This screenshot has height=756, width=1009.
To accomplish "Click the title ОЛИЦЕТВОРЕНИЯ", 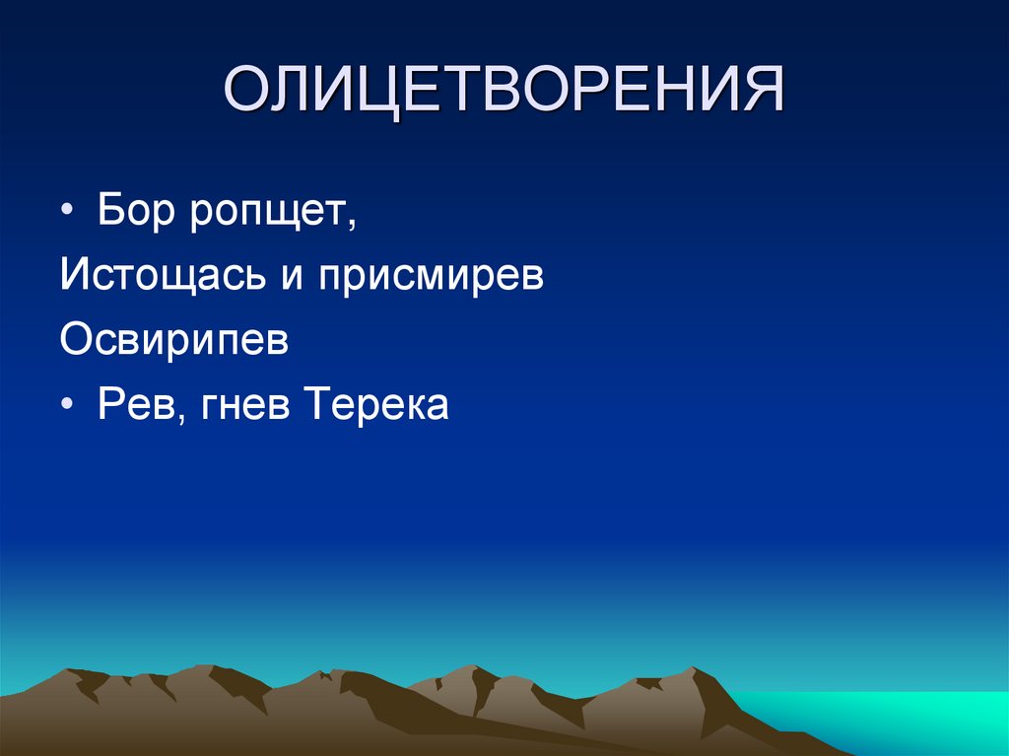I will (504, 92).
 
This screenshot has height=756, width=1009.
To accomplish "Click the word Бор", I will (132, 212).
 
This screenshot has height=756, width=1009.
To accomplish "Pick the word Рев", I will (132, 405).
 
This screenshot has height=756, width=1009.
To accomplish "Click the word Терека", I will (378, 405).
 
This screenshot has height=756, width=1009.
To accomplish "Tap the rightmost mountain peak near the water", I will (698, 670).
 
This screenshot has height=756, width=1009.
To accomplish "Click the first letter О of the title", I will (246, 92).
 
